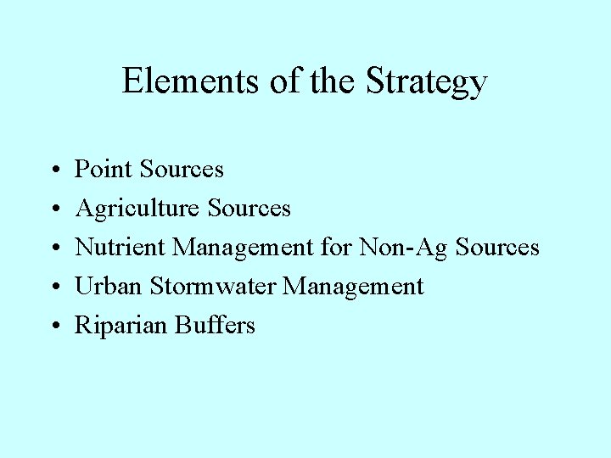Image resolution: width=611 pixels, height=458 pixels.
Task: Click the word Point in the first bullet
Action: tap(104, 170)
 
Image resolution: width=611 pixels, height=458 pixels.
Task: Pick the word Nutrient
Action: tap(121, 247)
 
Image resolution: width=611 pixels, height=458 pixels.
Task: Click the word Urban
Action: tap(109, 286)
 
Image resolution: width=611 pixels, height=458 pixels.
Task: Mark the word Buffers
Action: tap(216, 325)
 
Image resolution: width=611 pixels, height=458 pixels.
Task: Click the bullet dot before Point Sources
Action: tap(53, 170)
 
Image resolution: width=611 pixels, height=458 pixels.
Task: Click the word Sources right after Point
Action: tap(182, 170)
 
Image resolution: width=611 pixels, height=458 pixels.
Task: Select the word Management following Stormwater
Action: tap(353, 287)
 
